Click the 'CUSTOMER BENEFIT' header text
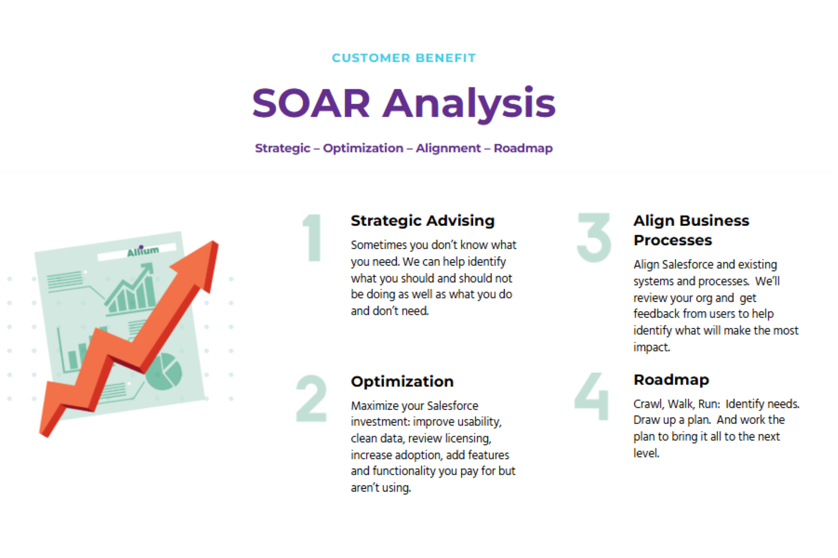(404, 58)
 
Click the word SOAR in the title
(311, 103)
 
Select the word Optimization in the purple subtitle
(363, 149)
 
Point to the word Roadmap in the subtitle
(523, 148)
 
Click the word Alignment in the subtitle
(448, 149)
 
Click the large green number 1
(313, 237)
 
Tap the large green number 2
(311, 398)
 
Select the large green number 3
(594, 237)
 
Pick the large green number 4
(592, 396)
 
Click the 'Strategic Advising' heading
(423, 221)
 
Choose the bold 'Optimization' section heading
(402, 382)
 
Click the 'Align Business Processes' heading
(692, 230)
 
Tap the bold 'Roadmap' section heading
(671, 380)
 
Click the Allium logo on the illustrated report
(143, 251)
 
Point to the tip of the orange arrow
(213, 241)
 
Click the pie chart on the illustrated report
(164, 372)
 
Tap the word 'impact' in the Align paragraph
(651, 347)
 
